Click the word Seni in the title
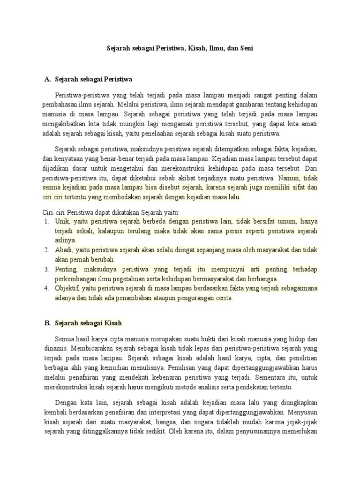(245, 48)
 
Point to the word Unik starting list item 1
(61, 222)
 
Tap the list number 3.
(47, 270)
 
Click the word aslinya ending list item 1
(65, 240)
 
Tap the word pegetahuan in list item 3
(138, 279)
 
